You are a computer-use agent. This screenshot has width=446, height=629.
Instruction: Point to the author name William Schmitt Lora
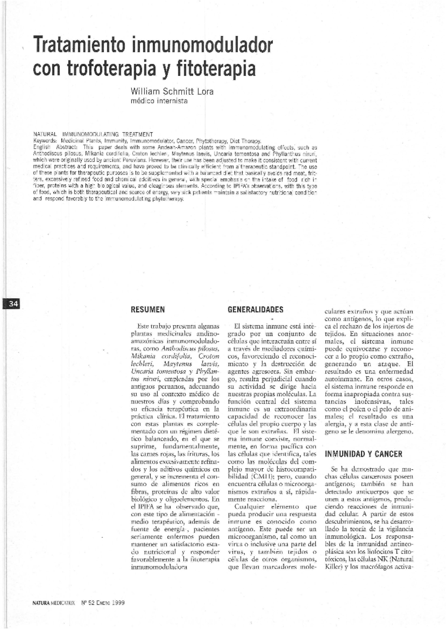pyautogui.click(x=172, y=91)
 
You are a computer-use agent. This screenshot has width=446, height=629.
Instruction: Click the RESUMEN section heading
pyautogui.click(x=148, y=310)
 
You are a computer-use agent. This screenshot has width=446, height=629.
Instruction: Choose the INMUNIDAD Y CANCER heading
pyautogui.click(x=363, y=454)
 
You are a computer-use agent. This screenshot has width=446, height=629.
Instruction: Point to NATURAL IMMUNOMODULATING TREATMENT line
pyautogui.click(x=93, y=134)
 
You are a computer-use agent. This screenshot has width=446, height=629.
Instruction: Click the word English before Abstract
pyautogui.click(x=42, y=147)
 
